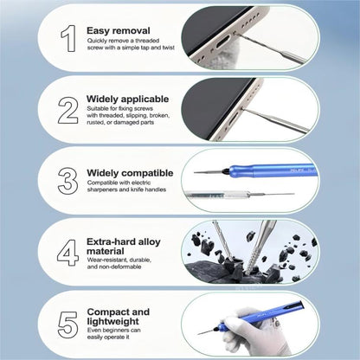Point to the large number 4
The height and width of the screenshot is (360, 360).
[67, 250]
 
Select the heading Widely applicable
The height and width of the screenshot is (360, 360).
[131, 100]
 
